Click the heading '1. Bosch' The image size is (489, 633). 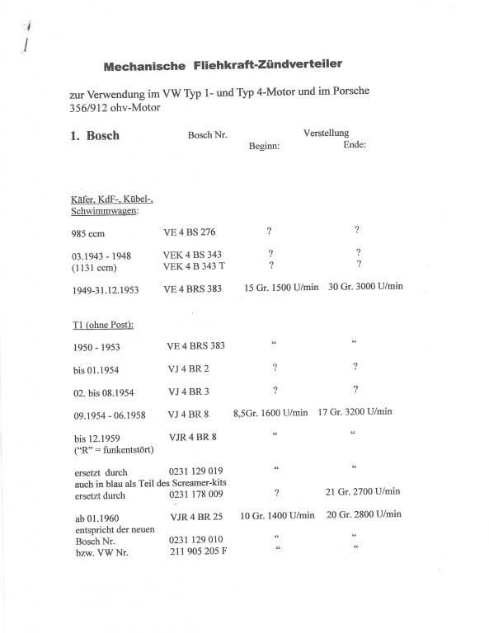95,136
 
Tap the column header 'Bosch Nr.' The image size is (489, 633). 207,134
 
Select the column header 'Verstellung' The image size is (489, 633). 326,133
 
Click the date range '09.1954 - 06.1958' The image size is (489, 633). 109,413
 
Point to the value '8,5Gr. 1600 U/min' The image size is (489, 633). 270,412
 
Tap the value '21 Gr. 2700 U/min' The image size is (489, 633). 364,491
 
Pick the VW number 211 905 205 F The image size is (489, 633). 197,551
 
